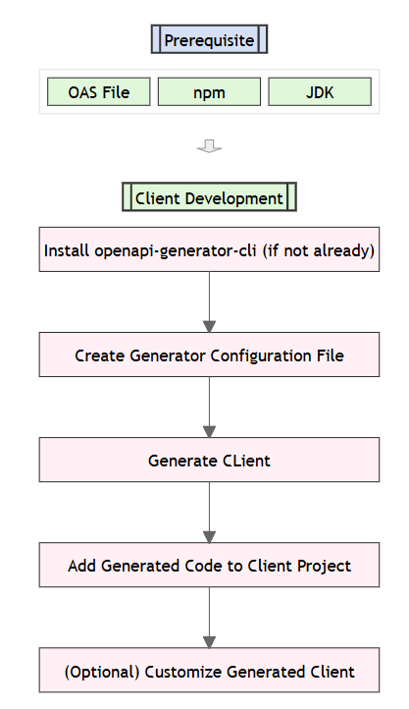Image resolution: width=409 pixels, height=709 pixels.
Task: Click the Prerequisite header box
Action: click(x=209, y=40)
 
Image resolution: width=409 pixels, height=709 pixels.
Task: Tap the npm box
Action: click(x=209, y=92)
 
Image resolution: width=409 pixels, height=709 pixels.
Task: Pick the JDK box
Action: click(x=320, y=92)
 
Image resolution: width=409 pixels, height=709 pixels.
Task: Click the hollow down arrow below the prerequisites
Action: click(x=209, y=146)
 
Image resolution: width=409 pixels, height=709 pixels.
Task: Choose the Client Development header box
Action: click(x=209, y=198)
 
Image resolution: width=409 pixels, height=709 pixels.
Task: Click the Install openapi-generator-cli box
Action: click(x=209, y=250)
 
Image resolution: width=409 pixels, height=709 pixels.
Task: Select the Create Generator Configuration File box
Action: click(x=209, y=355)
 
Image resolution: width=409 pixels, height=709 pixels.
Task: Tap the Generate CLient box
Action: click(x=209, y=461)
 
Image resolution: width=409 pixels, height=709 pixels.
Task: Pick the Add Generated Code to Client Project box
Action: click(x=209, y=566)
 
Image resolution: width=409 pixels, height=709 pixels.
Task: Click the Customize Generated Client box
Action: click(x=209, y=672)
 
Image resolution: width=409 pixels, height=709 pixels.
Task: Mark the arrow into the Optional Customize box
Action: click(x=209, y=619)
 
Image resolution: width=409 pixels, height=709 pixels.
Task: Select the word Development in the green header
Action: click(x=237, y=198)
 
